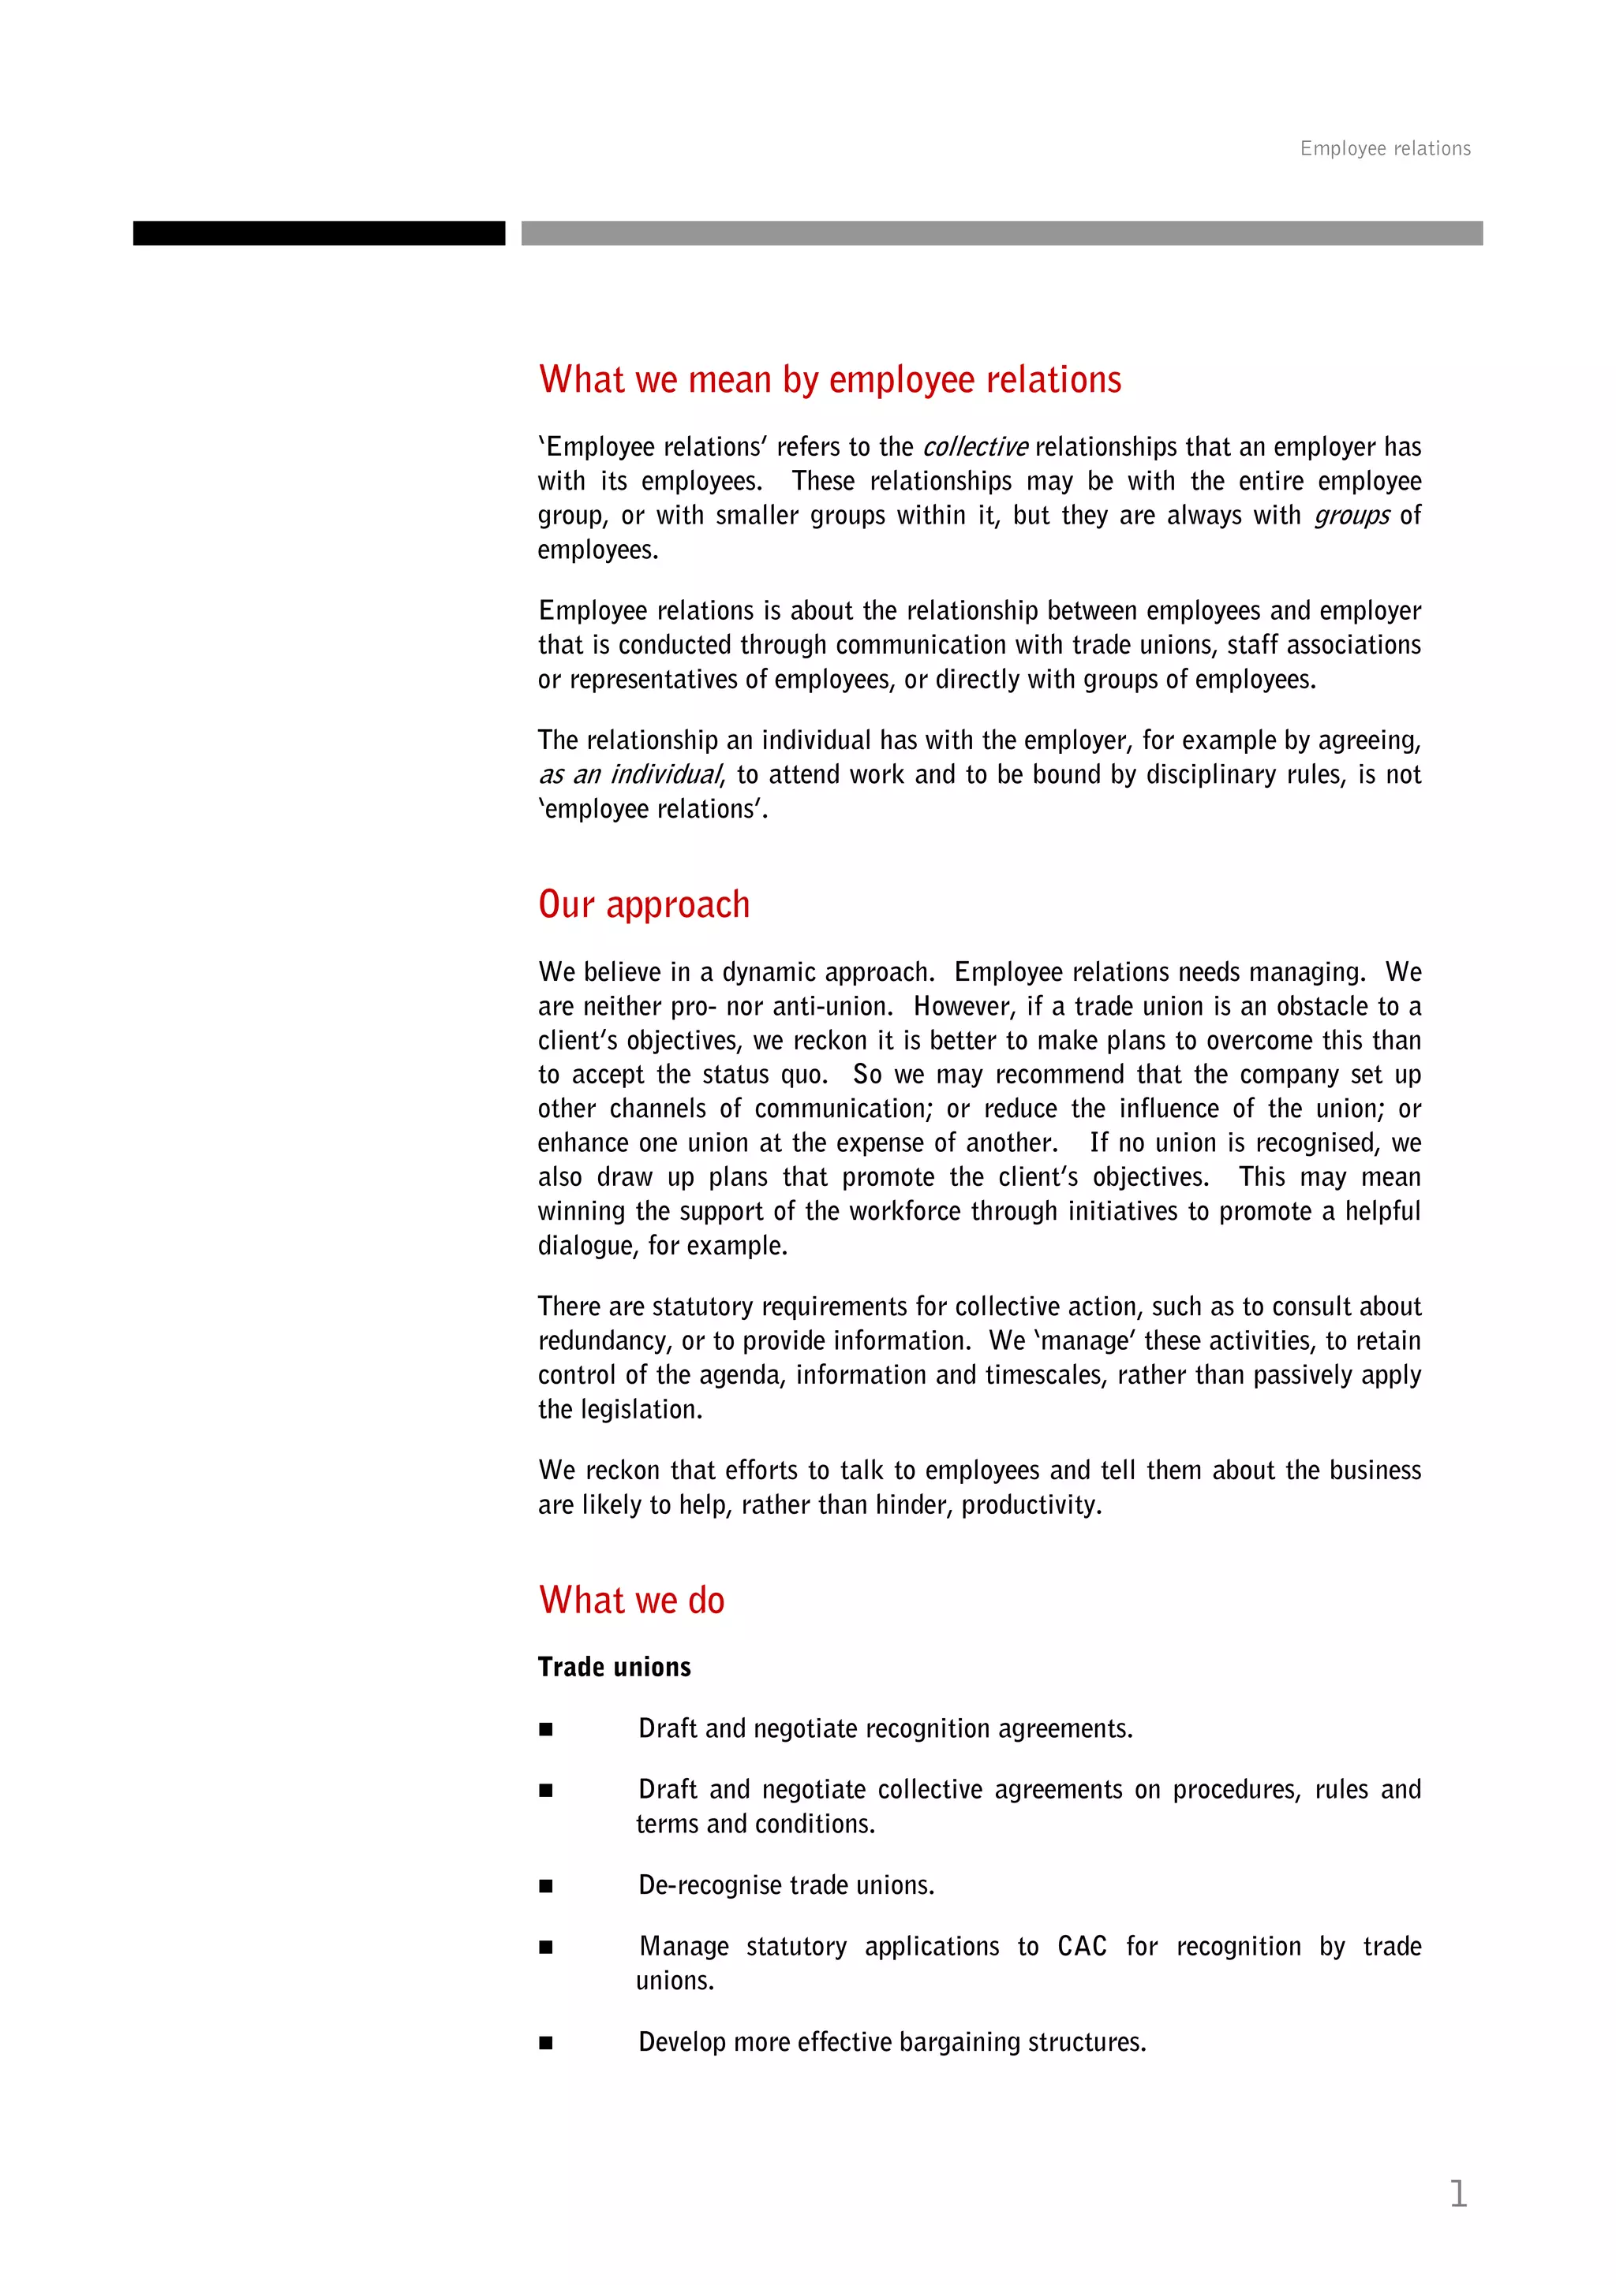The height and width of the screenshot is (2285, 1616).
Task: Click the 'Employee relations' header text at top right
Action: point(1384,148)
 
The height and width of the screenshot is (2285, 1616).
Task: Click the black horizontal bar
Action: point(319,233)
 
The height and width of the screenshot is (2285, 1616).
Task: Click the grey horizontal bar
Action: point(1001,233)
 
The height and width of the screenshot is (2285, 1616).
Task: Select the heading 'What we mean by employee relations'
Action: point(829,380)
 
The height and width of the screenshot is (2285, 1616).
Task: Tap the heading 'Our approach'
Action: point(643,904)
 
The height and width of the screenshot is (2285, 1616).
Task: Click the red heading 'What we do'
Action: point(631,1601)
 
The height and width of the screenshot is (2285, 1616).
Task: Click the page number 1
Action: point(1457,2194)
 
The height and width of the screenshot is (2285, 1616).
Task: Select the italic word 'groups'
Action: point(1351,516)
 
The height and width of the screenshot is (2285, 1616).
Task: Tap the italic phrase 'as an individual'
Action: point(629,774)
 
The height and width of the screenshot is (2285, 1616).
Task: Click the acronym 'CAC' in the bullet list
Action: point(1081,1947)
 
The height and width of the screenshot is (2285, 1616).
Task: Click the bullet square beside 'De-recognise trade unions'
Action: point(545,1886)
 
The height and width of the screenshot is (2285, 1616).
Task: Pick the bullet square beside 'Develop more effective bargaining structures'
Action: point(545,2043)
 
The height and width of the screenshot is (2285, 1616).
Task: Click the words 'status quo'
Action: point(764,1075)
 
